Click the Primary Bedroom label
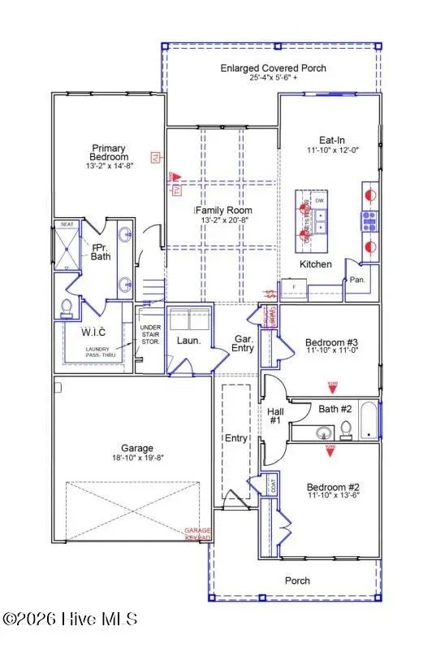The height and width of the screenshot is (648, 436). tap(109, 152)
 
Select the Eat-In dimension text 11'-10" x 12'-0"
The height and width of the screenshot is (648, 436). tap(330, 150)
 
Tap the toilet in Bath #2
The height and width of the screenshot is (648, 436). tap(345, 428)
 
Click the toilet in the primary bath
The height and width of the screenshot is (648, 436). tap(67, 307)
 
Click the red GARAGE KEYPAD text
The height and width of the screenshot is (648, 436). tap(197, 533)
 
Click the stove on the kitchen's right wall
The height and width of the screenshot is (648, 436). tap(369, 219)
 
